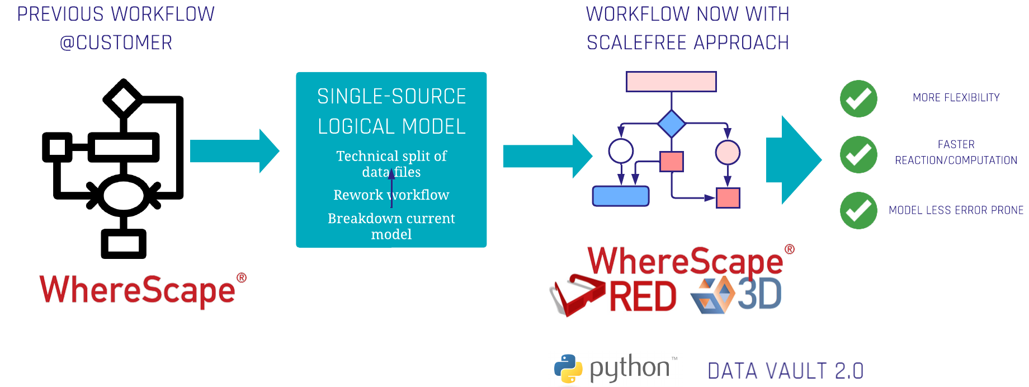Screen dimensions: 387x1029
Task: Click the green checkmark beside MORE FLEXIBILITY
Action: (858, 99)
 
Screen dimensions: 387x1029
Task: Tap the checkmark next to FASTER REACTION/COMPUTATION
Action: (858, 155)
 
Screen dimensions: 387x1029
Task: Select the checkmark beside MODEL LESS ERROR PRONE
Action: (858, 211)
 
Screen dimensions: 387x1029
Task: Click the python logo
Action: (615, 369)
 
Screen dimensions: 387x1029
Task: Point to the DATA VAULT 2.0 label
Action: (786, 370)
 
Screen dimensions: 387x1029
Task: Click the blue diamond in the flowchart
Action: (671, 124)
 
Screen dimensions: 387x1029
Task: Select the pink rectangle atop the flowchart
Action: (671, 82)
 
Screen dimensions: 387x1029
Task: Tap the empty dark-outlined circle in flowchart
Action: (621, 151)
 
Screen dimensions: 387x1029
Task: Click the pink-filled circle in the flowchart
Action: (728, 152)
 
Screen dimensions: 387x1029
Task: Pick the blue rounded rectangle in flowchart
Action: (620, 196)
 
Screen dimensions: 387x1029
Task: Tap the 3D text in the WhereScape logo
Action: (759, 295)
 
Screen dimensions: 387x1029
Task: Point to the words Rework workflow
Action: (391, 195)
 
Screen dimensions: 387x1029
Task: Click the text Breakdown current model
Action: (391, 226)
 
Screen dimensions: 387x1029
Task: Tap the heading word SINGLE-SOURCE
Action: (391, 97)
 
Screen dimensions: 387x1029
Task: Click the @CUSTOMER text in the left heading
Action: (116, 43)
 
